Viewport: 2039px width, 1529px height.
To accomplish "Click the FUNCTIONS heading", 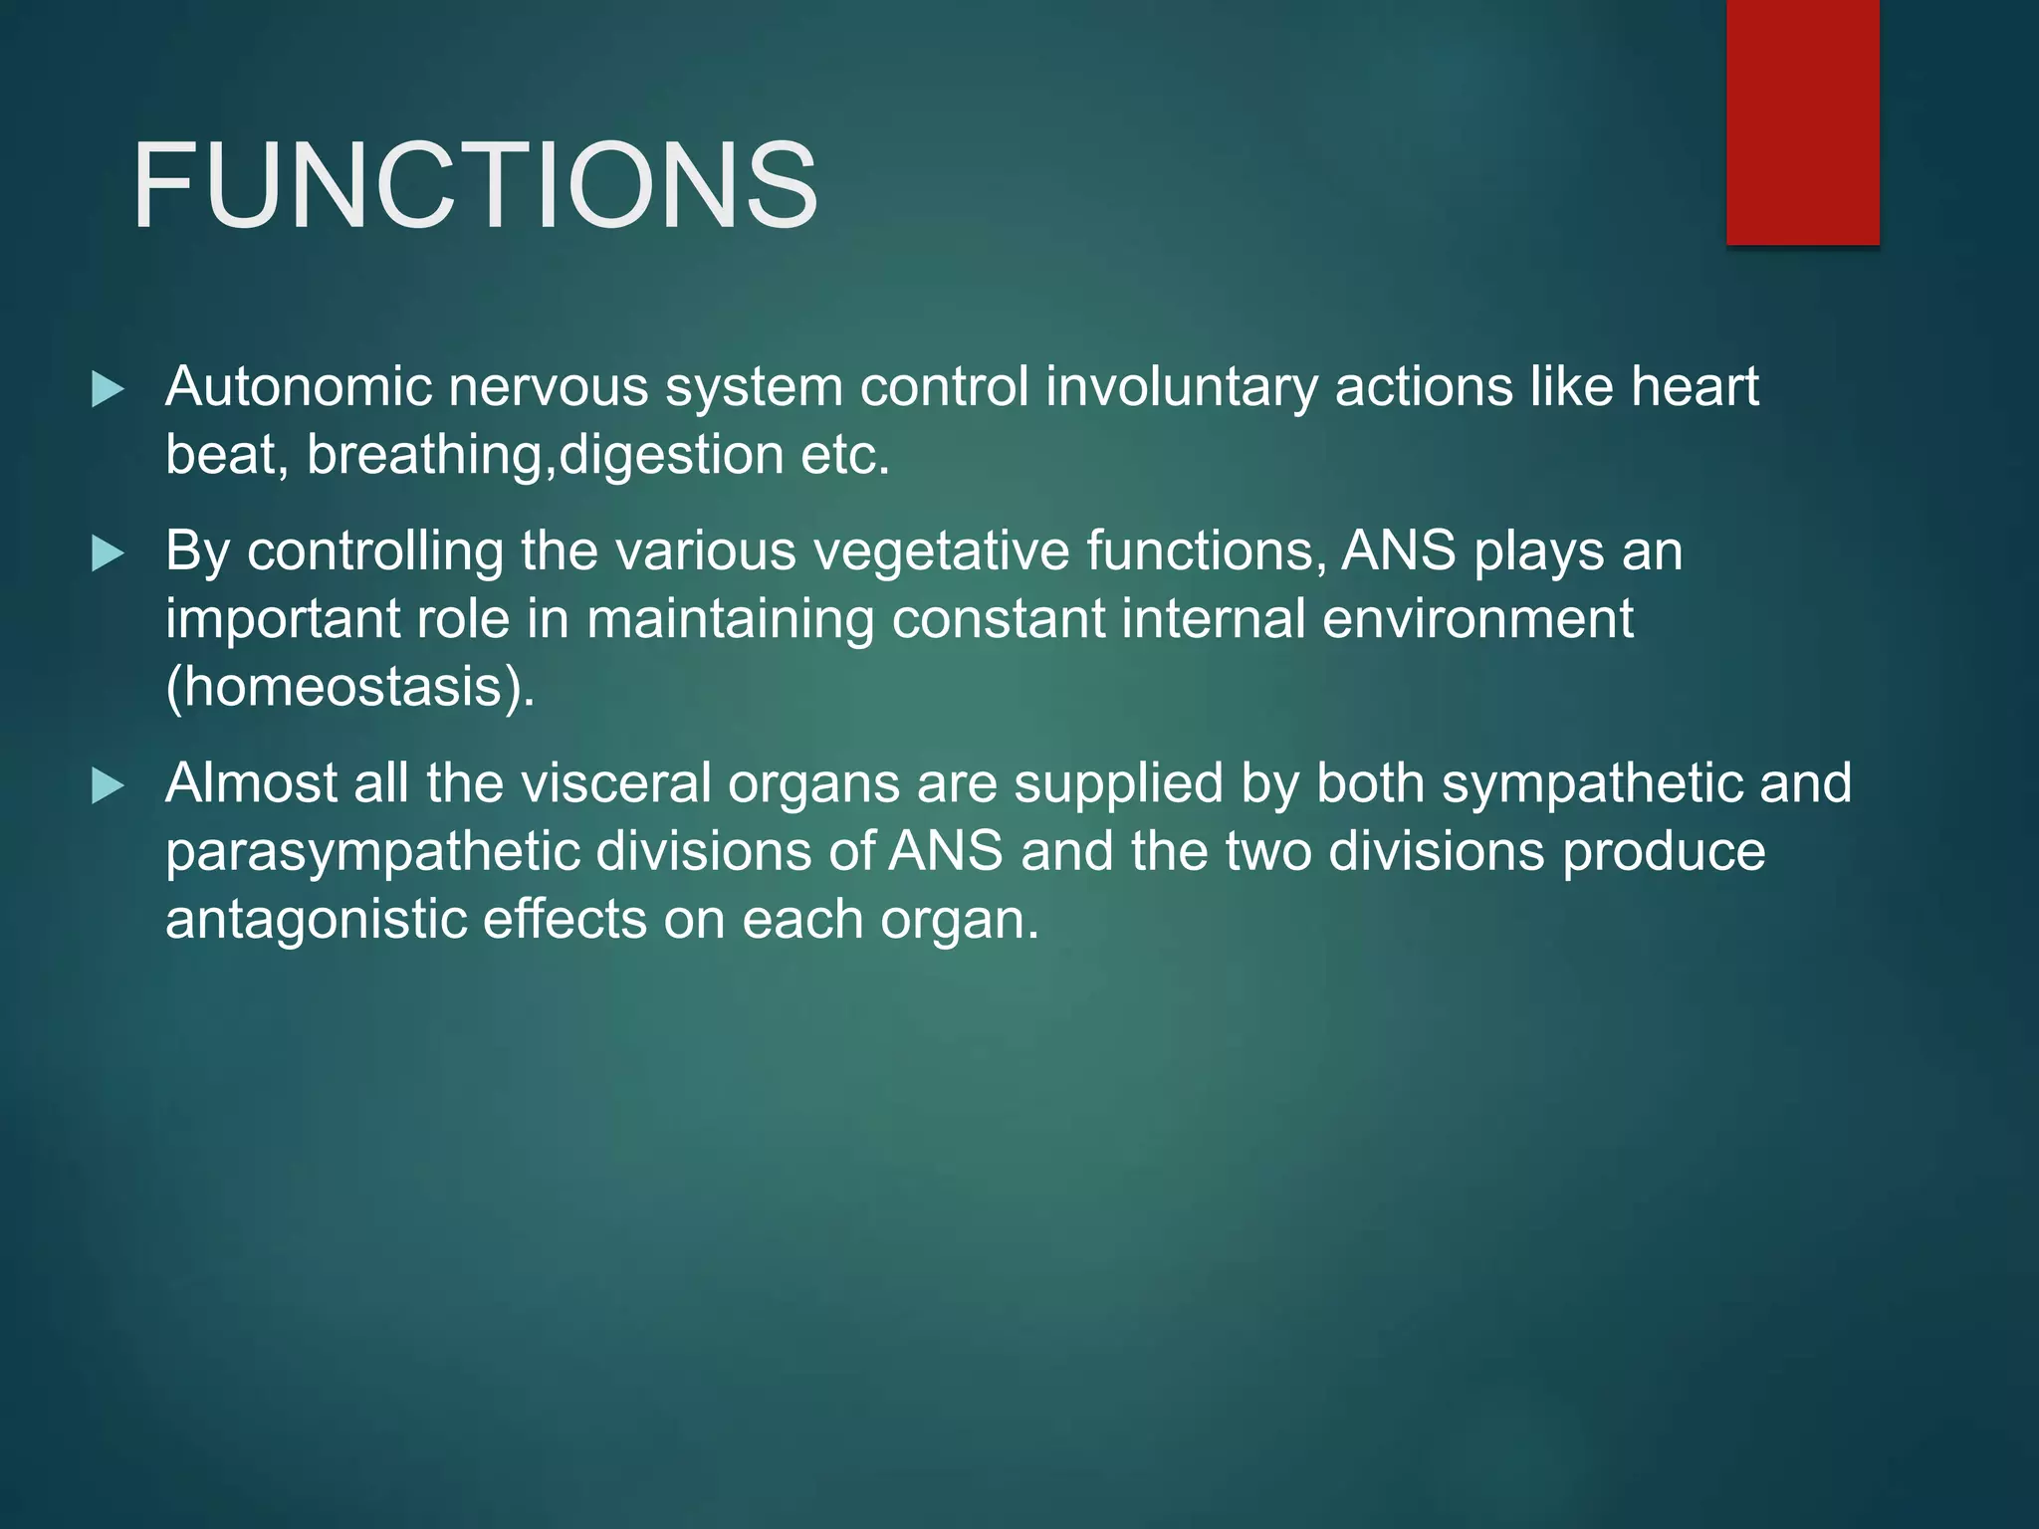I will tap(475, 186).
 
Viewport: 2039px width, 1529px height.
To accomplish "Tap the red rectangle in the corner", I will tap(1802, 121).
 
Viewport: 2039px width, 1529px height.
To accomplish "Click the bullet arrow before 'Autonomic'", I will tap(108, 389).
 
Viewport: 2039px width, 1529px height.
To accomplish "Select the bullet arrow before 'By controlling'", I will tap(108, 553).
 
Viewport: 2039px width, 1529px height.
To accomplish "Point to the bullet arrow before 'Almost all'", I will tap(108, 785).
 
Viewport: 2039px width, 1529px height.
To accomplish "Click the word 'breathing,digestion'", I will tap(545, 456).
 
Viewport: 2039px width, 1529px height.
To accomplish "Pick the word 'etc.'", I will tap(845, 456).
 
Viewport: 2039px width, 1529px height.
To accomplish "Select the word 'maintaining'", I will tap(730, 619).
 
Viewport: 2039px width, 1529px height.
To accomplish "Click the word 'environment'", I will tap(1477, 619).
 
